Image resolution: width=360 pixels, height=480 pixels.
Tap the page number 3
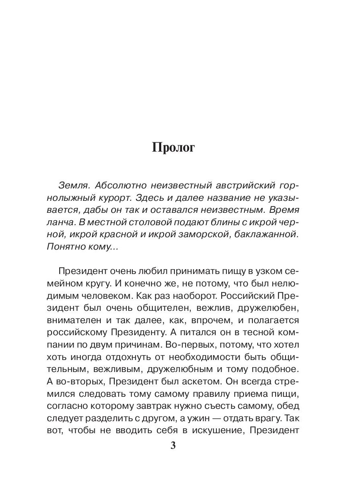(173, 446)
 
